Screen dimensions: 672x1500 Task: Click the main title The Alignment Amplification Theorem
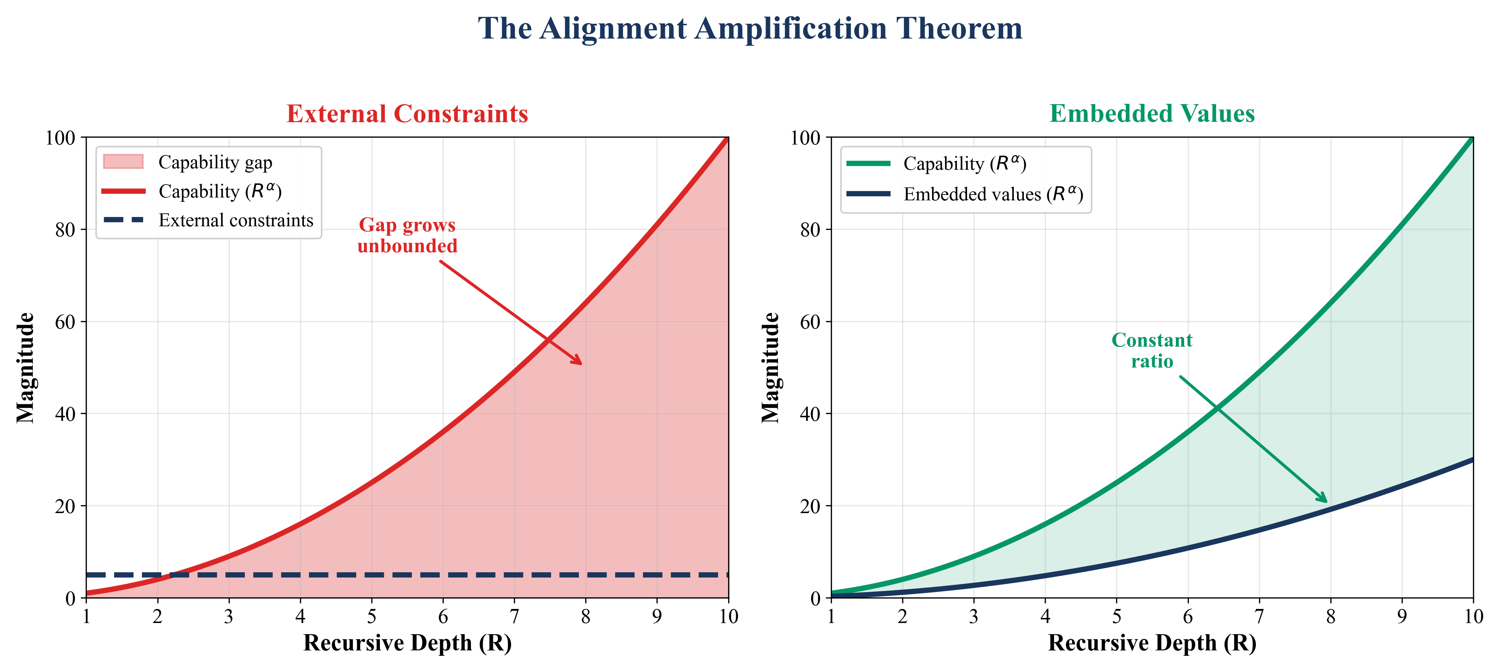750,28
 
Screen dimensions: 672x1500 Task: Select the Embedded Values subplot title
1152,114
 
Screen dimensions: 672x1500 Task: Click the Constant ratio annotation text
1152,350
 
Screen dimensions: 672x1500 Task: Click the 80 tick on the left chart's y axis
65,230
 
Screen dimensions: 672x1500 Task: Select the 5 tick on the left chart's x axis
372,617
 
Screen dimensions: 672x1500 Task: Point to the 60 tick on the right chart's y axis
810,322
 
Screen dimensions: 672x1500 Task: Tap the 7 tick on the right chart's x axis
1259,617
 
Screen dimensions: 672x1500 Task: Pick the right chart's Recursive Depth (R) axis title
1152,643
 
